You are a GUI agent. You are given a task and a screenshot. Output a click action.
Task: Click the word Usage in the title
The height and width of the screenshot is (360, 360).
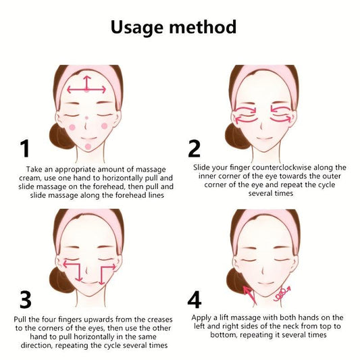[138, 28]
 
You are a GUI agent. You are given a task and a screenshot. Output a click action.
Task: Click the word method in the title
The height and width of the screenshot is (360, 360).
[203, 26]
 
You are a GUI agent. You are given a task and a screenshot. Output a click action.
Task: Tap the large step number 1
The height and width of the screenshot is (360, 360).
[25, 149]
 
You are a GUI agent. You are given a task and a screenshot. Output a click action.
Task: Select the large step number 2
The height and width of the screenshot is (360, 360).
[195, 149]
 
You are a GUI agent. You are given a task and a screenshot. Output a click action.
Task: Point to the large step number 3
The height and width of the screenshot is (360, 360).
[26, 300]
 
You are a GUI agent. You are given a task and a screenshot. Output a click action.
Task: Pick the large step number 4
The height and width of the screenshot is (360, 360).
[195, 300]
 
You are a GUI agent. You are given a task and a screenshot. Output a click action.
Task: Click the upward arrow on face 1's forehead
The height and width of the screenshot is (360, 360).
[86, 82]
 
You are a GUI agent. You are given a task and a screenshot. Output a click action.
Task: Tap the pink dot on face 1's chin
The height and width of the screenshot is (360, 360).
[88, 147]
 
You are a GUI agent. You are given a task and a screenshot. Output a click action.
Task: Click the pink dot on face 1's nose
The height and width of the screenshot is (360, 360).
[86, 118]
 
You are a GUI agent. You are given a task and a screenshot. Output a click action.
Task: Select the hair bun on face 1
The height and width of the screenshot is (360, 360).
[60, 136]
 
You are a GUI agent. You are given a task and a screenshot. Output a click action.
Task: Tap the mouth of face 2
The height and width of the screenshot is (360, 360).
[265, 138]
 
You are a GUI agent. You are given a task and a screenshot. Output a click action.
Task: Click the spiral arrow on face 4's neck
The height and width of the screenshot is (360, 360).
[282, 294]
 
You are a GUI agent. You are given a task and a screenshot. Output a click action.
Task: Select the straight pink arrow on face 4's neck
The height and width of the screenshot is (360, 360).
[250, 295]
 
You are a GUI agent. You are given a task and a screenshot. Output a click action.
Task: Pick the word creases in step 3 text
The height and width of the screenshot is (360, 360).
[159, 319]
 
